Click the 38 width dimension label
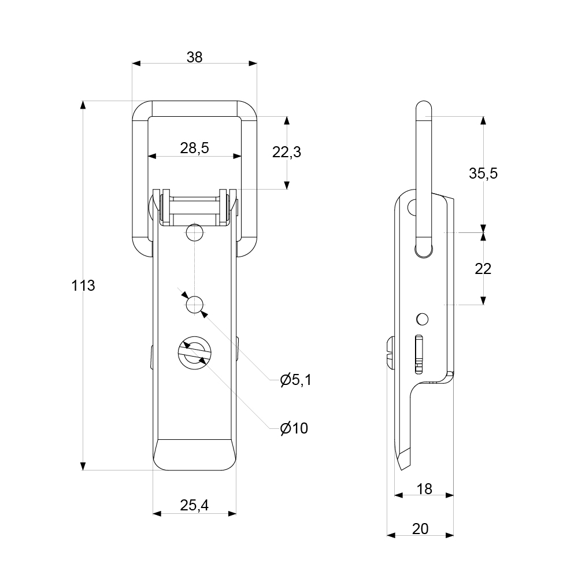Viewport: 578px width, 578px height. [x=194, y=57]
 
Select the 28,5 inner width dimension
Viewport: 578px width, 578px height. [x=194, y=148]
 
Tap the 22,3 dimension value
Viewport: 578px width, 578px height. [x=287, y=152]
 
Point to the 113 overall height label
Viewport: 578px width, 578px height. [x=83, y=285]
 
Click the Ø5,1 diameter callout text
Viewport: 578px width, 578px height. [x=295, y=380]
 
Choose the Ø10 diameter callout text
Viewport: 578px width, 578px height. [x=294, y=428]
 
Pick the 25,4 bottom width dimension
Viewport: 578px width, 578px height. [x=194, y=505]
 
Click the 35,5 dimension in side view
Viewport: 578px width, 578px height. [x=483, y=173]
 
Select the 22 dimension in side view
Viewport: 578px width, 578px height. [x=483, y=268]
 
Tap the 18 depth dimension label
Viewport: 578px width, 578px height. [x=424, y=489]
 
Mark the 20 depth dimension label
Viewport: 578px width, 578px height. [x=420, y=528]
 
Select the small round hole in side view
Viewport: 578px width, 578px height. [x=423, y=318]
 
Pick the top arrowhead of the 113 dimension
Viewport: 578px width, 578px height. [x=83, y=105]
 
